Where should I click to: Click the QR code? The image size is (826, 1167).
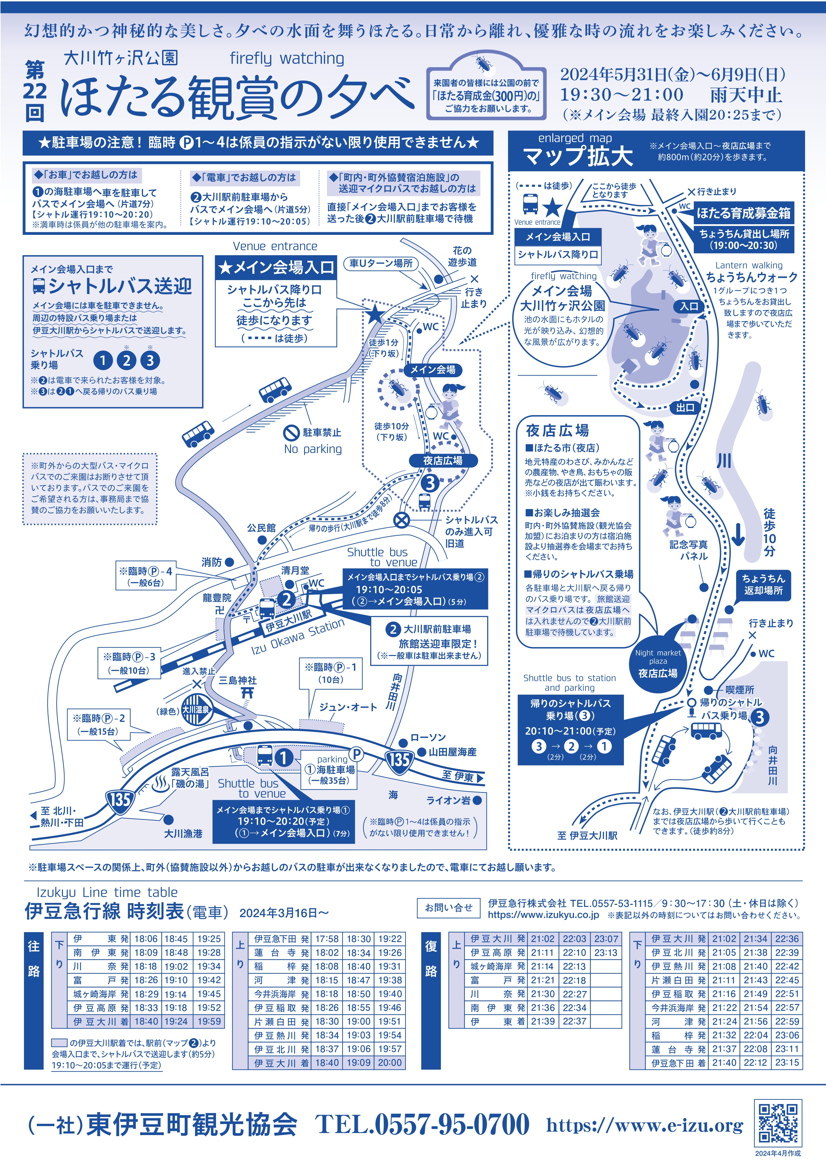click(x=778, y=1122)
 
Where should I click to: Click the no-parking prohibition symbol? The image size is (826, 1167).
click(x=291, y=433)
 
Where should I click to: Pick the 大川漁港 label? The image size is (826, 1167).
click(x=183, y=834)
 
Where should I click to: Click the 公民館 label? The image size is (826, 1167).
click(x=261, y=528)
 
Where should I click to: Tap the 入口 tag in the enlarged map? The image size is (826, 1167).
click(x=689, y=306)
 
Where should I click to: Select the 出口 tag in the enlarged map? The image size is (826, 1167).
click(x=685, y=408)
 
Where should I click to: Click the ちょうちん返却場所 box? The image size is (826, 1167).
click(x=763, y=585)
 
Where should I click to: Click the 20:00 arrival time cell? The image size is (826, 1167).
click(x=390, y=1062)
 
